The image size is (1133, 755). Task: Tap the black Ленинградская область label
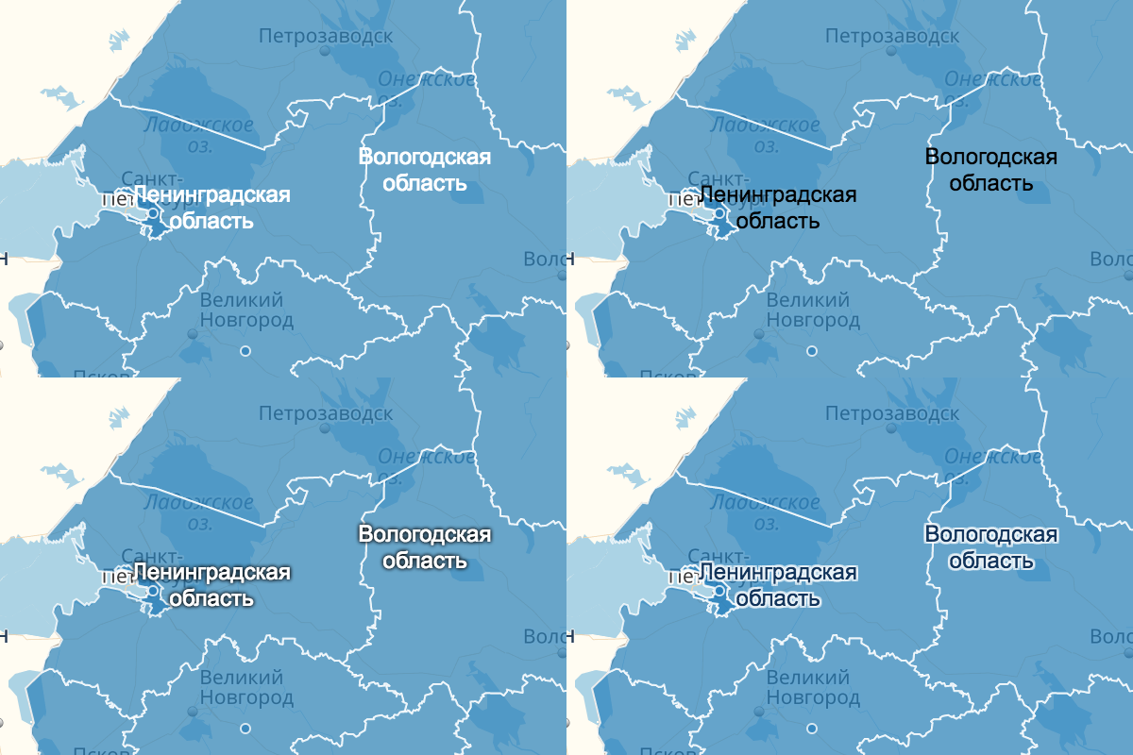coord(777,208)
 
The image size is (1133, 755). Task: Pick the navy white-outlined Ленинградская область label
coord(777,585)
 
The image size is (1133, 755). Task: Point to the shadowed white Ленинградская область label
coord(211,585)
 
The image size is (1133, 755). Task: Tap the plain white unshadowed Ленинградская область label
coord(211,208)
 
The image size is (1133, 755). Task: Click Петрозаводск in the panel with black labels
coord(892,36)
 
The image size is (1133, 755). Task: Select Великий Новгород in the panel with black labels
coord(813,310)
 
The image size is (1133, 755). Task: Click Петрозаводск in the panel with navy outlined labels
coord(892,413)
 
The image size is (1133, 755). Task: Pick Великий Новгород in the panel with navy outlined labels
coord(813,688)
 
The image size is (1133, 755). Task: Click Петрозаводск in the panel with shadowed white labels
coord(326,413)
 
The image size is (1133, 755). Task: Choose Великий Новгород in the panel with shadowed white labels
coord(246,688)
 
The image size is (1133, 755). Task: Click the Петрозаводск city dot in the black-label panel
coord(890,52)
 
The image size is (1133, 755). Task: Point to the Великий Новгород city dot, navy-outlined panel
coord(759,711)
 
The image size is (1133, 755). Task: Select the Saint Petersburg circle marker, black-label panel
coord(719,214)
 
